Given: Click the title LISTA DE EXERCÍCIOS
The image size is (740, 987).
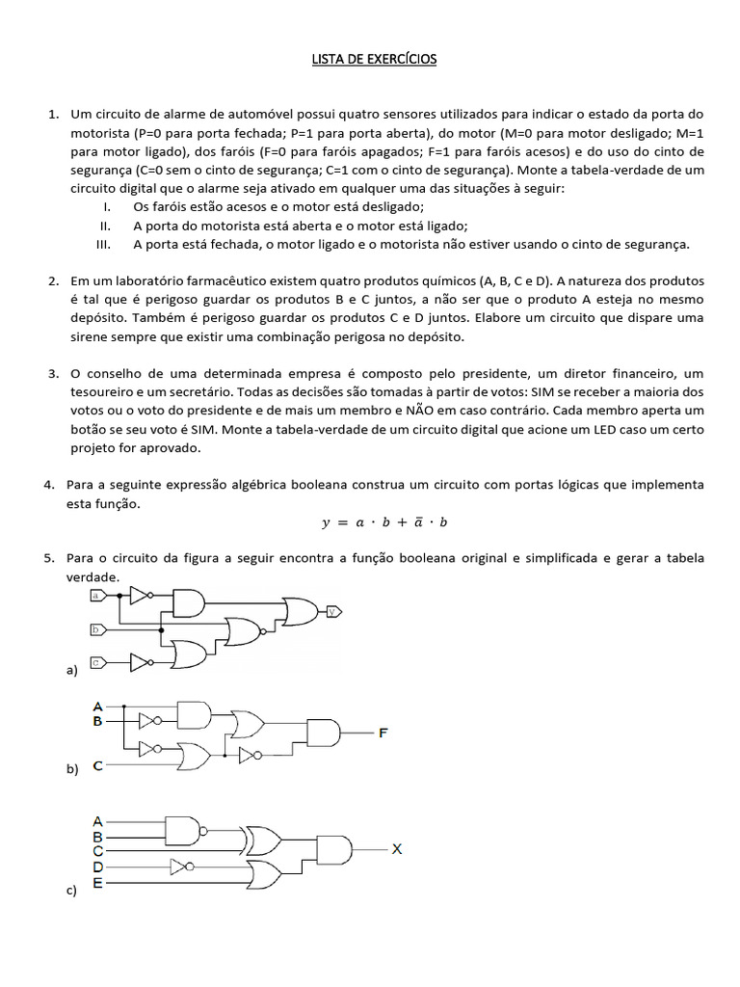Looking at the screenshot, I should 373,60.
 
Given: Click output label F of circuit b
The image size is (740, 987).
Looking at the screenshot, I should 383,733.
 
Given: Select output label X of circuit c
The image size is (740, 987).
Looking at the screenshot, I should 397,849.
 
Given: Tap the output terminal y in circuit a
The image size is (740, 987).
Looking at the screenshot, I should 333,611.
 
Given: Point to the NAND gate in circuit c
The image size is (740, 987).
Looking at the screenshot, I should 186,828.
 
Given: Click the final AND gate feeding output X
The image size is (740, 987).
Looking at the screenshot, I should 333,850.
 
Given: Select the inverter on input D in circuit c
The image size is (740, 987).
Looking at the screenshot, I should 182,866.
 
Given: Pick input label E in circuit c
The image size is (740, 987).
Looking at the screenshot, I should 97,882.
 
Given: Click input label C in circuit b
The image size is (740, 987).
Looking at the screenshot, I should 97,766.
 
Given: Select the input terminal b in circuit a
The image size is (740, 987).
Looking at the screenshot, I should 97,630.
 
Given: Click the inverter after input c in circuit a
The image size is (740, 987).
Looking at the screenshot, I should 141,662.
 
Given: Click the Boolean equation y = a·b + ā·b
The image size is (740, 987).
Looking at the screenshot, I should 385,522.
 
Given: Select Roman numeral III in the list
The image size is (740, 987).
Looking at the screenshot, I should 107,244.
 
